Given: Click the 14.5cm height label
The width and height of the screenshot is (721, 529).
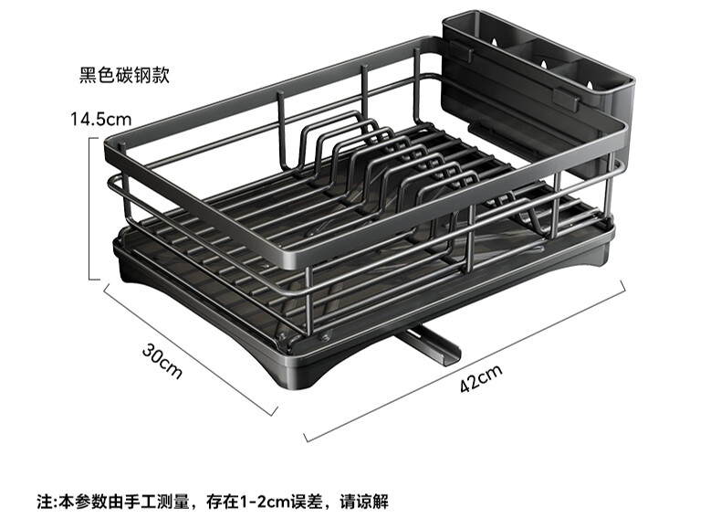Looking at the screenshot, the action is pyautogui.click(x=100, y=120).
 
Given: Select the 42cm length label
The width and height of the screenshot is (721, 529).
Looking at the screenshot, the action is pyautogui.click(x=481, y=377).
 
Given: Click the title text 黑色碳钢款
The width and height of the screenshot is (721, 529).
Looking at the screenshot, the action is pyautogui.click(x=124, y=75).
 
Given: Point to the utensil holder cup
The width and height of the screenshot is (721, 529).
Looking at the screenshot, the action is pyautogui.click(x=538, y=83).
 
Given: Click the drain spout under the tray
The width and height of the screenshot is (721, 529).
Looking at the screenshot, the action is pyautogui.click(x=430, y=346).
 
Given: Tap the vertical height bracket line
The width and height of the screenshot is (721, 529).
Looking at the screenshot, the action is pyautogui.click(x=90, y=208).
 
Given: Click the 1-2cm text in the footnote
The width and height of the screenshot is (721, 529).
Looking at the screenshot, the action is pyautogui.click(x=265, y=502).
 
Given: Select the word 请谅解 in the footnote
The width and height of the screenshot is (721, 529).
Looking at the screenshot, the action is pyautogui.click(x=364, y=502).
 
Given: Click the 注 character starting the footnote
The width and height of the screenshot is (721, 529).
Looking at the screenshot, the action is pyautogui.click(x=45, y=502).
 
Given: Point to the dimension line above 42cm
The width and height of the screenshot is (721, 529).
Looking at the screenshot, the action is pyautogui.click(x=465, y=361).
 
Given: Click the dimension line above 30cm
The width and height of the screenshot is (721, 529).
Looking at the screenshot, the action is pyautogui.click(x=191, y=349).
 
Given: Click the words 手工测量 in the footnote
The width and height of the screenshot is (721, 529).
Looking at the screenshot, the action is pyautogui.click(x=156, y=502).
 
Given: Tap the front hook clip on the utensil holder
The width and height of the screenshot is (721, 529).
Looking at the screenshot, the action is pyautogui.click(x=566, y=100).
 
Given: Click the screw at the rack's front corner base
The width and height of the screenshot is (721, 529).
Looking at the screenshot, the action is pyautogui.click(x=325, y=336).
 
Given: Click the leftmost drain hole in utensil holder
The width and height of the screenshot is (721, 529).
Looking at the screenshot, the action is pyautogui.click(x=494, y=42).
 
